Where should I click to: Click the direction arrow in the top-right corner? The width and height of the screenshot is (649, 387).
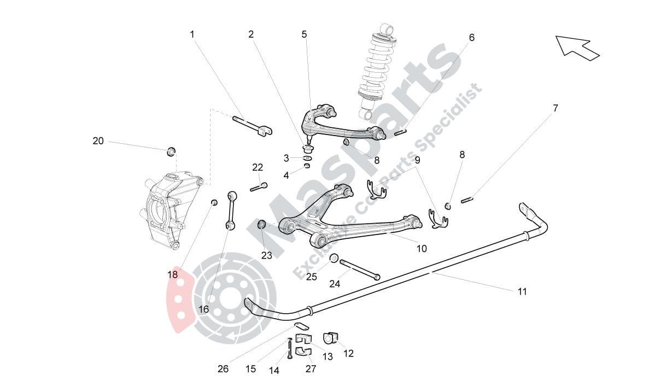point(577,48)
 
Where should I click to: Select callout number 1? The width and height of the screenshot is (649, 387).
point(192,34)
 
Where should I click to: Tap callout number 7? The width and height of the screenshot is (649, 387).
point(556,108)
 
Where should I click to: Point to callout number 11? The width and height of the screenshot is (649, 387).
point(522,291)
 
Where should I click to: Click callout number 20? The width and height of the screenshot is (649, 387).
point(98,141)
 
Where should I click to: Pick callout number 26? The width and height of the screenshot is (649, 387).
point(223,369)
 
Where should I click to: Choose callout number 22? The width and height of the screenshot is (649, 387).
point(258,167)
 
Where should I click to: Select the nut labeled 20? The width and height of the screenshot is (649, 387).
point(171,150)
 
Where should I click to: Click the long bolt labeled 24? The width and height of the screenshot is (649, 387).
point(360,269)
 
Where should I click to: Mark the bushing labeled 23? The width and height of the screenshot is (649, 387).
point(262,224)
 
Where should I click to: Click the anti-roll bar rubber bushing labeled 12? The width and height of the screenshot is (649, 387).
point(331,337)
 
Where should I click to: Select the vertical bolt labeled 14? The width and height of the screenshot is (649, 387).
point(290,349)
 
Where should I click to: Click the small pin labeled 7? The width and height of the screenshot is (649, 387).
point(466,200)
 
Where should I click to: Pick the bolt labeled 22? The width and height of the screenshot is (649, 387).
point(258,187)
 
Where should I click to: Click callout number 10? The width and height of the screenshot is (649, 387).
point(422,249)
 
